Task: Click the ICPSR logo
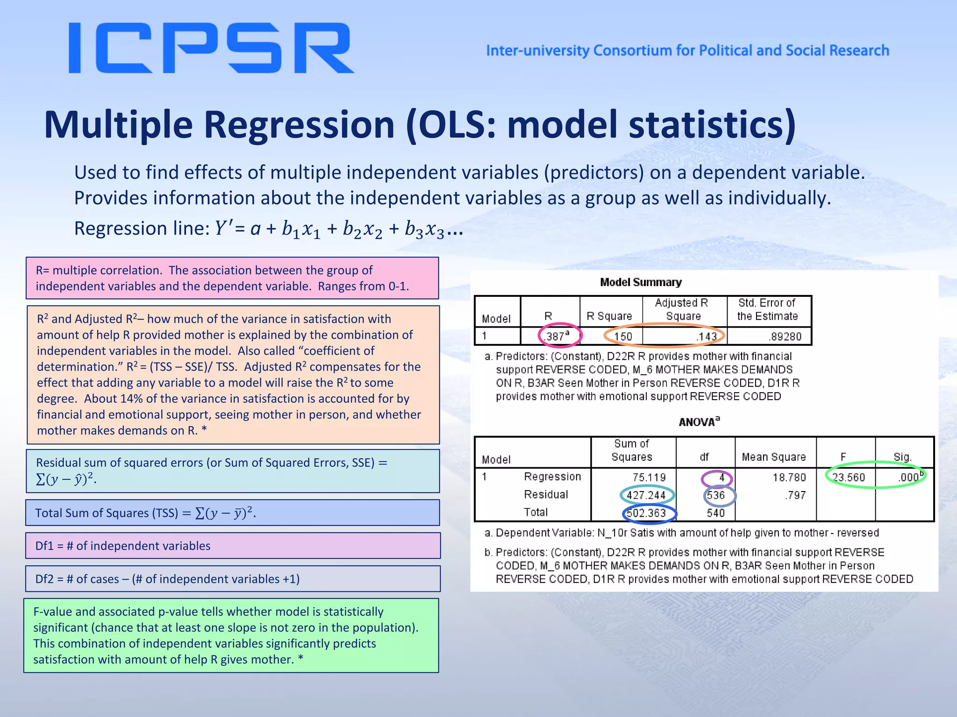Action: [x=211, y=49]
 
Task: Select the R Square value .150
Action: [x=623, y=336]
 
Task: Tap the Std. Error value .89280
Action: [x=785, y=336]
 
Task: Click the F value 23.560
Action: [x=849, y=477]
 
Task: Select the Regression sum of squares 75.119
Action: [x=649, y=477]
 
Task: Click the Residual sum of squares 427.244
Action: [x=646, y=495]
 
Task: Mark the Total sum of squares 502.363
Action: [x=646, y=513]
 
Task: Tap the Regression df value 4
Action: [x=721, y=478]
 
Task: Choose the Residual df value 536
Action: [x=716, y=495]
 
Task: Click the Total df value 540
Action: [x=715, y=513]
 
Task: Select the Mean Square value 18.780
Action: [x=789, y=477]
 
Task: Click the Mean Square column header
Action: [x=774, y=457]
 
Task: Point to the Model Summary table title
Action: [x=641, y=282]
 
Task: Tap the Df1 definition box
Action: [x=233, y=546]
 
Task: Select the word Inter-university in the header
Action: [x=537, y=50]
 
